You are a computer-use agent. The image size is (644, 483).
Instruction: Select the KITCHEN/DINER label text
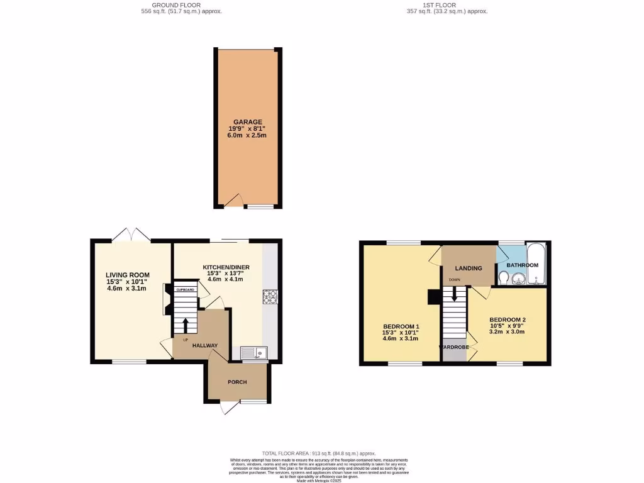click(226, 267)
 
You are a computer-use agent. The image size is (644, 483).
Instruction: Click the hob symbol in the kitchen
click(270, 296)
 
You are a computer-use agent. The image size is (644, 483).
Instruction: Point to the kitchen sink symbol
click(254, 353)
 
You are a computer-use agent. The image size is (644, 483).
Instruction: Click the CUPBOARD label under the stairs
click(185, 290)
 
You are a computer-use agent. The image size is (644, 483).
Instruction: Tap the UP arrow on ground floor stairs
click(185, 326)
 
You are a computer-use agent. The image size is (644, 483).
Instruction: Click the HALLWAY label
click(205, 345)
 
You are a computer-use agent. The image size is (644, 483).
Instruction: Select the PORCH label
click(237, 382)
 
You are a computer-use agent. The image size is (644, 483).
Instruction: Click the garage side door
click(234, 201)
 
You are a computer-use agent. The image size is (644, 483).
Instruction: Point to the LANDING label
click(469, 268)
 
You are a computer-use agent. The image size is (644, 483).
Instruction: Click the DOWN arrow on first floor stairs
click(454, 295)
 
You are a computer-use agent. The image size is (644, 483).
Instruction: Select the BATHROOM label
click(523, 265)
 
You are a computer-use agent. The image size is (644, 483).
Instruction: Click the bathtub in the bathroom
click(537, 264)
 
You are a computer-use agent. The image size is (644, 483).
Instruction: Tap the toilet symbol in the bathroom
click(504, 277)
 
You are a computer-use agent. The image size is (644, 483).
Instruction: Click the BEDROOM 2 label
click(508, 319)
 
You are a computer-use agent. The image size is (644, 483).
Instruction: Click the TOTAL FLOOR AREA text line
click(321, 453)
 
